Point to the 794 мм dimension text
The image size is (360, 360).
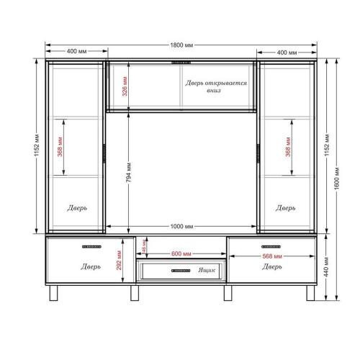click(x=127, y=170)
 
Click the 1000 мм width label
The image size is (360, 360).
click(x=182, y=226)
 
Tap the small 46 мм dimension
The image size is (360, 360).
click(x=143, y=245)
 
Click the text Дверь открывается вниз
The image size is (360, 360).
click(x=215, y=87)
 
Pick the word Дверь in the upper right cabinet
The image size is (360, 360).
click(x=285, y=207)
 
